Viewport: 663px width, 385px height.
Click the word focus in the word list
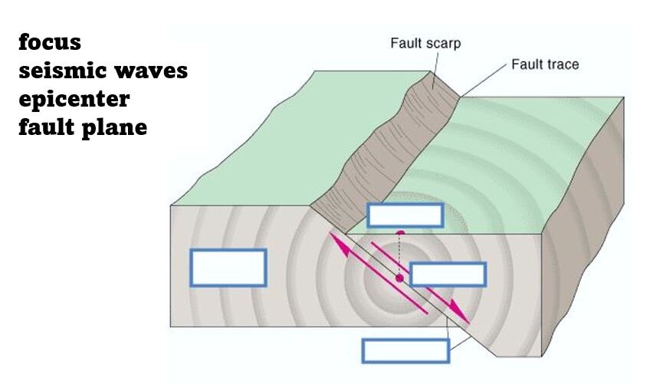[x=50, y=43]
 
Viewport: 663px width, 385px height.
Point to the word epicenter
[x=74, y=100]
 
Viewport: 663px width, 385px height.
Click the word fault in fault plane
[x=47, y=127]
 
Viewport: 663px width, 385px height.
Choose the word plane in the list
[x=114, y=129]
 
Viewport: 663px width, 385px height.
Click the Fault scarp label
[x=425, y=44]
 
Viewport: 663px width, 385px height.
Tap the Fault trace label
[x=545, y=64]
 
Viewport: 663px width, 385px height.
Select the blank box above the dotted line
[x=405, y=216]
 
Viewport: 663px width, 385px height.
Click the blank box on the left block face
[x=228, y=268]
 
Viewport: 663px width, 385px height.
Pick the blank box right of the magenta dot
[x=448, y=274]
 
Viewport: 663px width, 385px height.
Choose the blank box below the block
[x=405, y=350]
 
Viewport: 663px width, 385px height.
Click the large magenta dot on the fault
[x=399, y=278]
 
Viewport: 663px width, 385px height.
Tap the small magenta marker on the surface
[x=400, y=232]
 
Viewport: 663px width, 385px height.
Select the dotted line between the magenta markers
[x=399, y=254]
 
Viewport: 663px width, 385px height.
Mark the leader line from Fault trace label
[x=484, y=81]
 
